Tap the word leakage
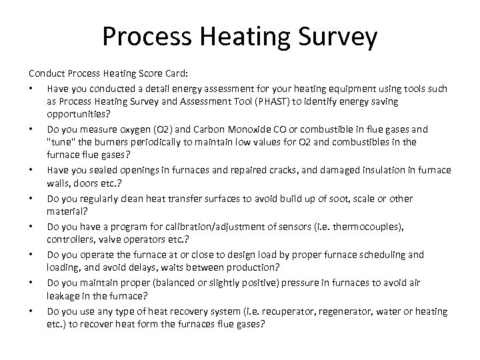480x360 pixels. coord(64,297)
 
